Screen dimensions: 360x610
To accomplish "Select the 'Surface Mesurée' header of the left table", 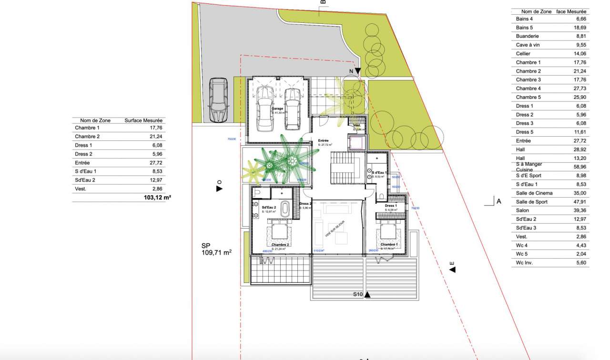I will (143, 120).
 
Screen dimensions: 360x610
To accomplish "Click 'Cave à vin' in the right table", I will (528, 45).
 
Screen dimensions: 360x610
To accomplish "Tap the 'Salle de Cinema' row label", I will (534, 193).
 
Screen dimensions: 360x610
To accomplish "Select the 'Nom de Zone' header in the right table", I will (536, 11).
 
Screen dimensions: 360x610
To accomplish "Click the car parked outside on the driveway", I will (219, 100).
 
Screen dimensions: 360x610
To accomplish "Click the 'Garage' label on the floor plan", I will (277, 109).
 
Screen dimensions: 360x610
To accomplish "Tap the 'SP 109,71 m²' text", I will (216, 250).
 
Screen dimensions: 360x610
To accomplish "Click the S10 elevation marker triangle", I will (367, 295).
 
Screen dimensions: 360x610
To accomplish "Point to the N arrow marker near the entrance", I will (357, 71).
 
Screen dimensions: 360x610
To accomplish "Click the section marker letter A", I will (498, 201).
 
